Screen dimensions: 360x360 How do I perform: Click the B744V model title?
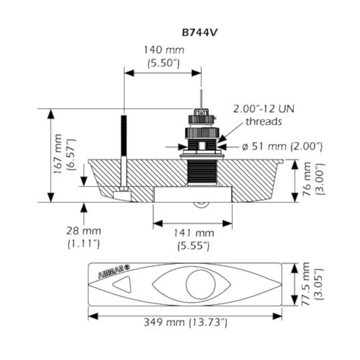click(x=199, y=33)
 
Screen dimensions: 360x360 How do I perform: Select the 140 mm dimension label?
click(x=164, y=50)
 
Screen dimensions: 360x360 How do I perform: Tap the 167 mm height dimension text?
click(x=58, y=154)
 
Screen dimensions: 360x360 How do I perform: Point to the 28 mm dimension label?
click(x=84, y=231)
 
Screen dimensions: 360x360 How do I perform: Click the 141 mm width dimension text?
click(x=194, y=233)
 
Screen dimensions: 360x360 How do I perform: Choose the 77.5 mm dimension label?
click(x=306, y=284)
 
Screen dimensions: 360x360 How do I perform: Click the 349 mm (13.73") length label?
click(x=185, y=322)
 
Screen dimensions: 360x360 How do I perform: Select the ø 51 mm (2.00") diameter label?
click(x=282, y=146)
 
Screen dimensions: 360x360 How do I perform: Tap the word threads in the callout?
click(x=264, y=121)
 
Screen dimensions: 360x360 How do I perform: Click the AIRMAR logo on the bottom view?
click(x=114, y=271)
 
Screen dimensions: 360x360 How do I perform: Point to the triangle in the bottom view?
click(x=122, y=284)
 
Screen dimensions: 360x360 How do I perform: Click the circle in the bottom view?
click(x=201, y=284)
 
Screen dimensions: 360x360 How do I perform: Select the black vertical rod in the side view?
click(x=124, y=136)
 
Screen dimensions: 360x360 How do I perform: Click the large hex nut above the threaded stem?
click(x=202, y=133)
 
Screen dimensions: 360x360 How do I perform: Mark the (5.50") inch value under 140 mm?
click(x=164, y=63)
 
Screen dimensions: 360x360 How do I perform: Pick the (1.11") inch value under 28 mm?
click(x=84, y=244)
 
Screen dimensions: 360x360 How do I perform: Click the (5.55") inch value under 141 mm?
click(x=194, y=246)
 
